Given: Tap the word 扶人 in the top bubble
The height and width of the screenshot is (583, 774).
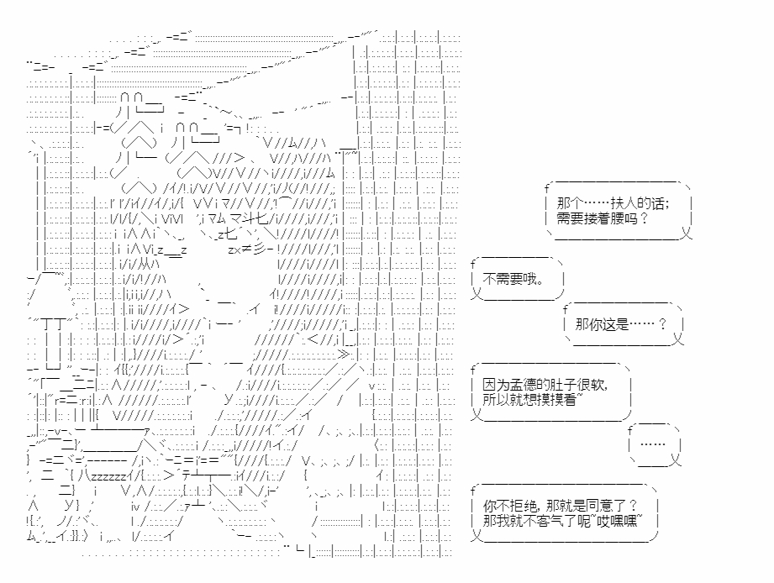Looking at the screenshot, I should point(621,204).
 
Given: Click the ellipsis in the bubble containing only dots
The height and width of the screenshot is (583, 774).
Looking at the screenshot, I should point(652,445).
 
